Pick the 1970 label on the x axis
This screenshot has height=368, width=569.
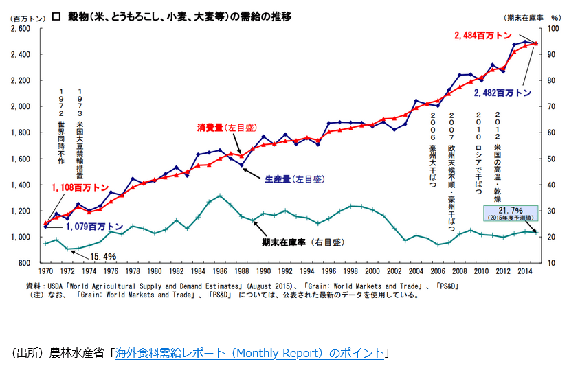point(47,271)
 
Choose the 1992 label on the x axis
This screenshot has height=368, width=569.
point(285,271)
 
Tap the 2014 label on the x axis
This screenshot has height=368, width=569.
point(525,271)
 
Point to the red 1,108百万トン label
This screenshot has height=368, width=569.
point(80,187)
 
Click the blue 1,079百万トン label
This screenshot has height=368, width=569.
point(95,225)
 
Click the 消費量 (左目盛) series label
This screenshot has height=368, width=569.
point(225,128)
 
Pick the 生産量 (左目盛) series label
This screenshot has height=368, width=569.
point(293,179)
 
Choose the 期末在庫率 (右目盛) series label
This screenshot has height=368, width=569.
point(302,242)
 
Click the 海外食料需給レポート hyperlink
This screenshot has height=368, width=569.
point(249,353)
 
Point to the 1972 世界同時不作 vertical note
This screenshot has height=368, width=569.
point(61,126)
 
